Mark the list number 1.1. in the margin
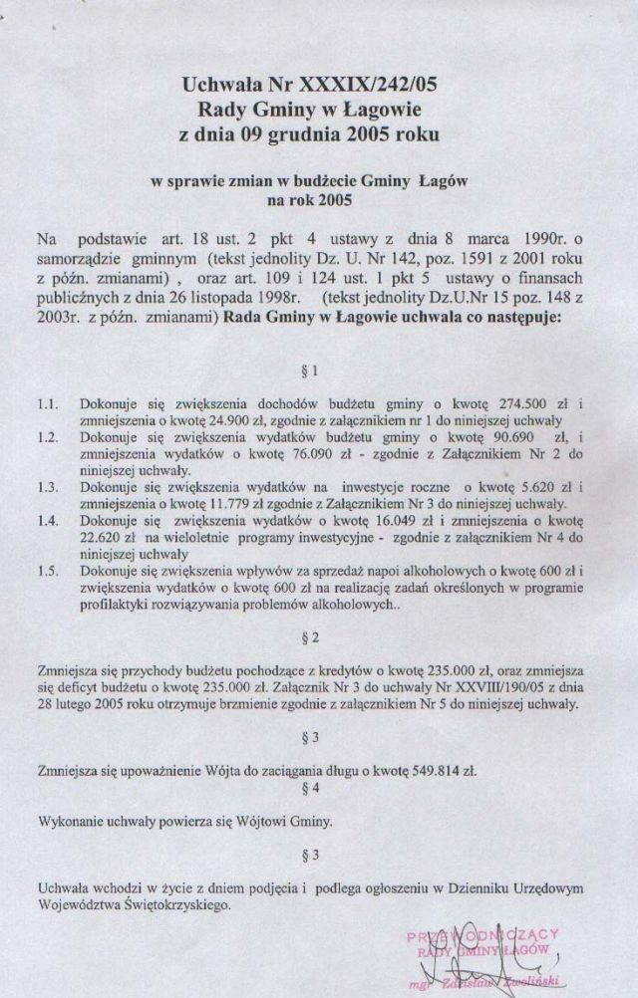point(48,405)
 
